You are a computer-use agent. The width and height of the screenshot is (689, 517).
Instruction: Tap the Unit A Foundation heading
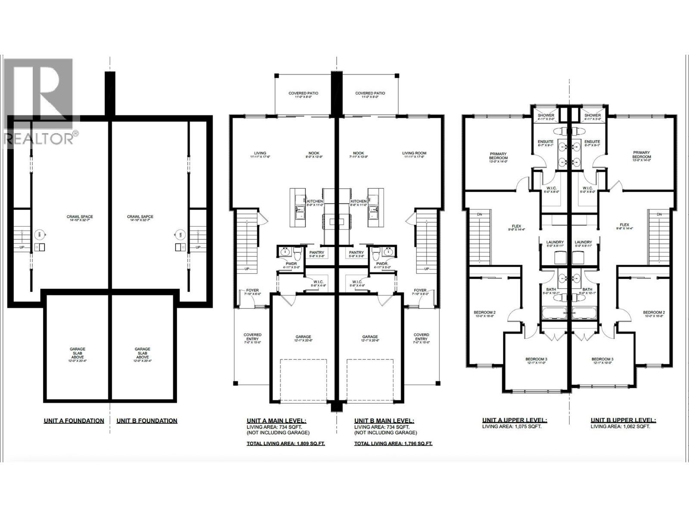(74, 420)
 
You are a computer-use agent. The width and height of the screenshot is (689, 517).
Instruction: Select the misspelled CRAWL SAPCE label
(140, 217)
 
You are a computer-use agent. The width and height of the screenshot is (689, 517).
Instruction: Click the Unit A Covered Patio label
(303, 93)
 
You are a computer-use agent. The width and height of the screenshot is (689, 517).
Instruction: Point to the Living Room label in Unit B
(414, 153)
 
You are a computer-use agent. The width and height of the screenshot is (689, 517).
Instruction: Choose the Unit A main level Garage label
(303, 337)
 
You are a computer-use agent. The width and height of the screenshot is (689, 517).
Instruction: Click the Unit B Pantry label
(357, 253)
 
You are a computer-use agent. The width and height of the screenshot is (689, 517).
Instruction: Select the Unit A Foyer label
(252, 291)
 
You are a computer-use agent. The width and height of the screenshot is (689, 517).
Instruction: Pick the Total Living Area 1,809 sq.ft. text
(286, 443)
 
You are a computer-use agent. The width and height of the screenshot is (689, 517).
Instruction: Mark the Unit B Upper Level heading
(623, 420)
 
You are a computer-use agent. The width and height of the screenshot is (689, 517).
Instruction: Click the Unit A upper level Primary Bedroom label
(498, 156)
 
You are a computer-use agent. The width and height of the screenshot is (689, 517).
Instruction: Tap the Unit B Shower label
(593, 115)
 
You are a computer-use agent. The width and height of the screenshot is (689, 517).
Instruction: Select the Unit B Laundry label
(583, 243)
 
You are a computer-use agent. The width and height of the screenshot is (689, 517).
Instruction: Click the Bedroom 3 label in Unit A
(536, 359)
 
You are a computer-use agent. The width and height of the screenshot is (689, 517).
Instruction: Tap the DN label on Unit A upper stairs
(479, 215)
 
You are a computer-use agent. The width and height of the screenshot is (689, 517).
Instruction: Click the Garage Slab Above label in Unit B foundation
(143, 353)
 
